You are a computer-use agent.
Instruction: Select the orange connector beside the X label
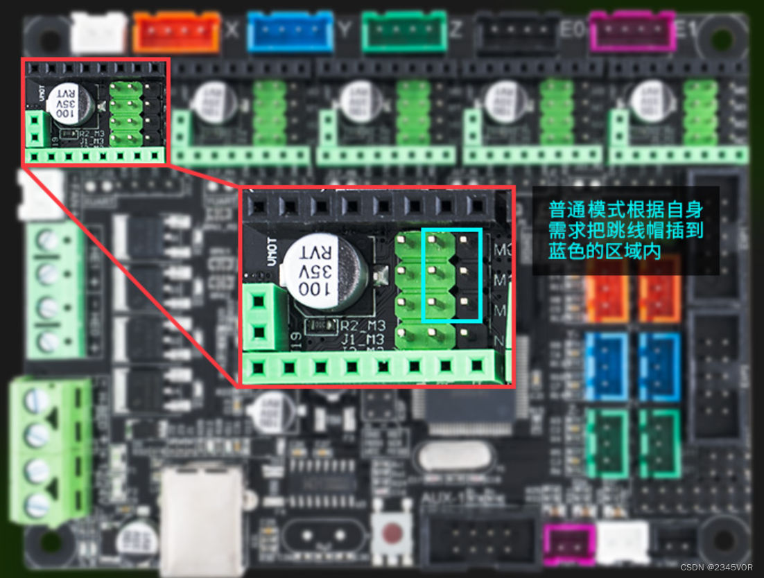tap(176, 32)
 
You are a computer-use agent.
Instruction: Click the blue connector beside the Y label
tap(289, 32)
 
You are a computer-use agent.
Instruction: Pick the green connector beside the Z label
tap(404, 32)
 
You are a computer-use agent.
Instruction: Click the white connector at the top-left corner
tap(98, 32)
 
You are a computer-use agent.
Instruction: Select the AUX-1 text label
tap(439, 498)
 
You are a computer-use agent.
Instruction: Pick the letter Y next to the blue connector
tap(345, 30)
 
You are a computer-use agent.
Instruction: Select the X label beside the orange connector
tap(232, 30)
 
